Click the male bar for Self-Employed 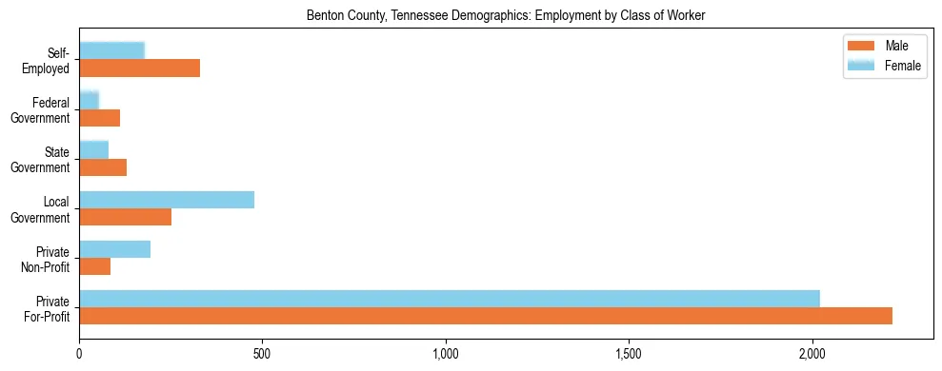tap(139, 68)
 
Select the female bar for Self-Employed tap(111, 50)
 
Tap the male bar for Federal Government tap(99, 118)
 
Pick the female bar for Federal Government tap(89, 100)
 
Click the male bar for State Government tap(103, 167)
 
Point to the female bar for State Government tap(93, 149)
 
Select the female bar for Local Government tap(167, 199)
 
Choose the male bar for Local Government tap(125, 217)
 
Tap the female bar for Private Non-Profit tap(114, 249)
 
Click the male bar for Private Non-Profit tap(94, 266)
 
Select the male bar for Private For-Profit tap(486, 316)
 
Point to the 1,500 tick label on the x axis tap(629, 354)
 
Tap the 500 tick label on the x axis tap(262, 354)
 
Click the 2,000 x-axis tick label tap(812, 354)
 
